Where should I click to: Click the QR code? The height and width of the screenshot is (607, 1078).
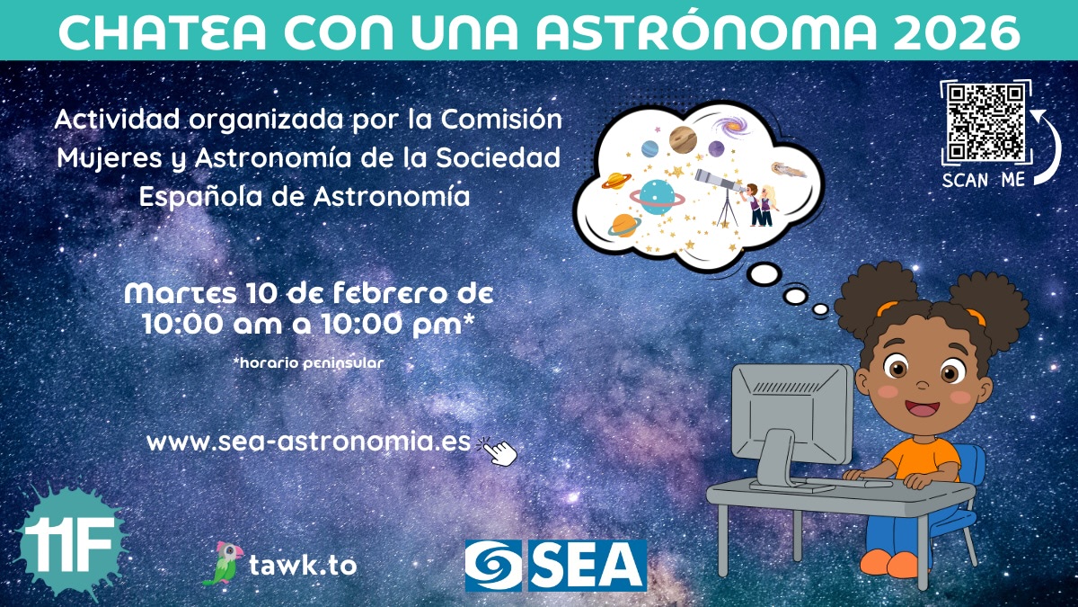pos(985,123)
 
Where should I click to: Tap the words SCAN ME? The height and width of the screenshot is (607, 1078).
pos(983,180)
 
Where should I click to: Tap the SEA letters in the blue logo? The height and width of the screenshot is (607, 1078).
pos(588,565)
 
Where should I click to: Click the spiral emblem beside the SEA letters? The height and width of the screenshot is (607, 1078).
pos(493,565)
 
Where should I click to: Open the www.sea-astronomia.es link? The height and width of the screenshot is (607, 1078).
pos(308,442)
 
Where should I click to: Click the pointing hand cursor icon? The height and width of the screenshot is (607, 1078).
pos(498,451)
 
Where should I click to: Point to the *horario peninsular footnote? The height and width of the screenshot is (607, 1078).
pos(308,362)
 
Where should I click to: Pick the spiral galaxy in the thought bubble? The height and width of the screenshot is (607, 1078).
pos(731,126)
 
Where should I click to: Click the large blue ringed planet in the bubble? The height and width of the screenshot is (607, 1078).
pos(658,197)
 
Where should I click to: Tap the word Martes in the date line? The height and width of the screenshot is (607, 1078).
pos(181,293)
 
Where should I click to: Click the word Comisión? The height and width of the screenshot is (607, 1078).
pos(502,119)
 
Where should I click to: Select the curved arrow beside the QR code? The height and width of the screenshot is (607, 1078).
pos(1048,147)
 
